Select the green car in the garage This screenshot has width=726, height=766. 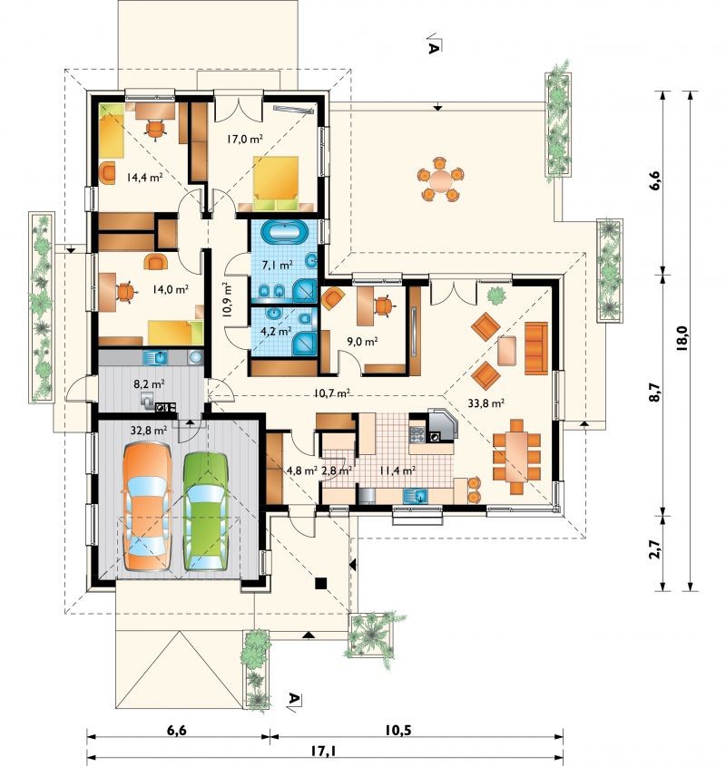click(x=206, y=511)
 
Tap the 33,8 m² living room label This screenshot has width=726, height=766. click(x=486, y=403)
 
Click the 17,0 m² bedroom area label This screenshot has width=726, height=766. click(x=245, y=140)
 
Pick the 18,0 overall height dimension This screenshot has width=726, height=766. click(x=682, y=338)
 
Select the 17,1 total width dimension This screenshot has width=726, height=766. click(x=324, y=750)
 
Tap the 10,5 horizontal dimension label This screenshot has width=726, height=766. click(x=397, y=731)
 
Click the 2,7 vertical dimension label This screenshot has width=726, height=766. click(x=655, y=549)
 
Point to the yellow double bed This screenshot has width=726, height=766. click(x=277, y=183)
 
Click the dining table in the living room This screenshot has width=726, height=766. click(x=516, y=456)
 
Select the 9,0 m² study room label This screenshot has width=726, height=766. click(x=362, y=341)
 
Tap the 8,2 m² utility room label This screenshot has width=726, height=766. click(x=149, y=384)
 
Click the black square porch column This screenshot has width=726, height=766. click(x=321, y=583)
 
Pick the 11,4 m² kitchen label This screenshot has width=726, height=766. click(x=397, y=470)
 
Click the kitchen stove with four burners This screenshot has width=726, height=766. click(x=417, y=434)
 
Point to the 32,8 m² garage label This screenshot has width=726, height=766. click(x=149, y=431)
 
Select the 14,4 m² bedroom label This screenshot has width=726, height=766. click(x=145, y=178)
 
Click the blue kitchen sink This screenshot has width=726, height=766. click(x=416, y=497)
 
